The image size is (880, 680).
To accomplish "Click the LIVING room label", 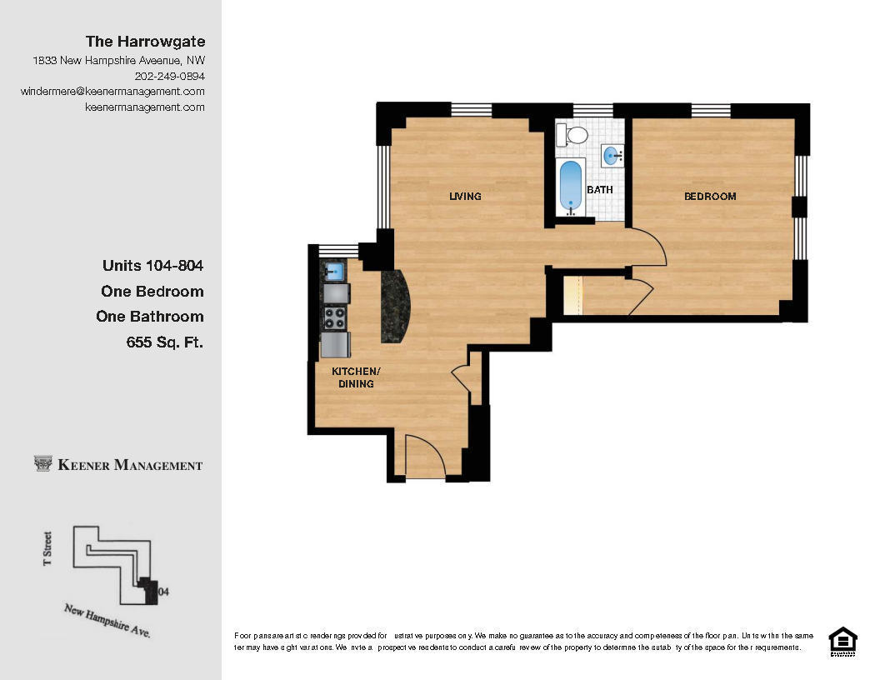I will coord(465,197).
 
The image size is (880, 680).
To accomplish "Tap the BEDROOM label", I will coord(710,197).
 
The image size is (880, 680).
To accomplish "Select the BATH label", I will coord(599,190).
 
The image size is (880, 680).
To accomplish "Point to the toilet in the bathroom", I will coord(572,134).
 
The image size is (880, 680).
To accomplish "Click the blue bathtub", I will coord(571,186).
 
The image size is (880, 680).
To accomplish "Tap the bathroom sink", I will coord(612,154).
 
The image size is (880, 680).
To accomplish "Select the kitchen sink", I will coord(335,271).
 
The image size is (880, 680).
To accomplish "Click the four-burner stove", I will coord(335,317).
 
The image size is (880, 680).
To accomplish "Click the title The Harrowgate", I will coord(146,41).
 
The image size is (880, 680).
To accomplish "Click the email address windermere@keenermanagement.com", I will coord(112,92).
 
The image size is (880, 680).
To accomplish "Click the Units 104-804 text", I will coord(152,266).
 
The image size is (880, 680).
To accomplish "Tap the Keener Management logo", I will coord(118,465).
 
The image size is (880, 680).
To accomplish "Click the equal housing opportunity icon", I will coord(842,641).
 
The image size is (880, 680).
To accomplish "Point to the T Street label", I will coord(47,549).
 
